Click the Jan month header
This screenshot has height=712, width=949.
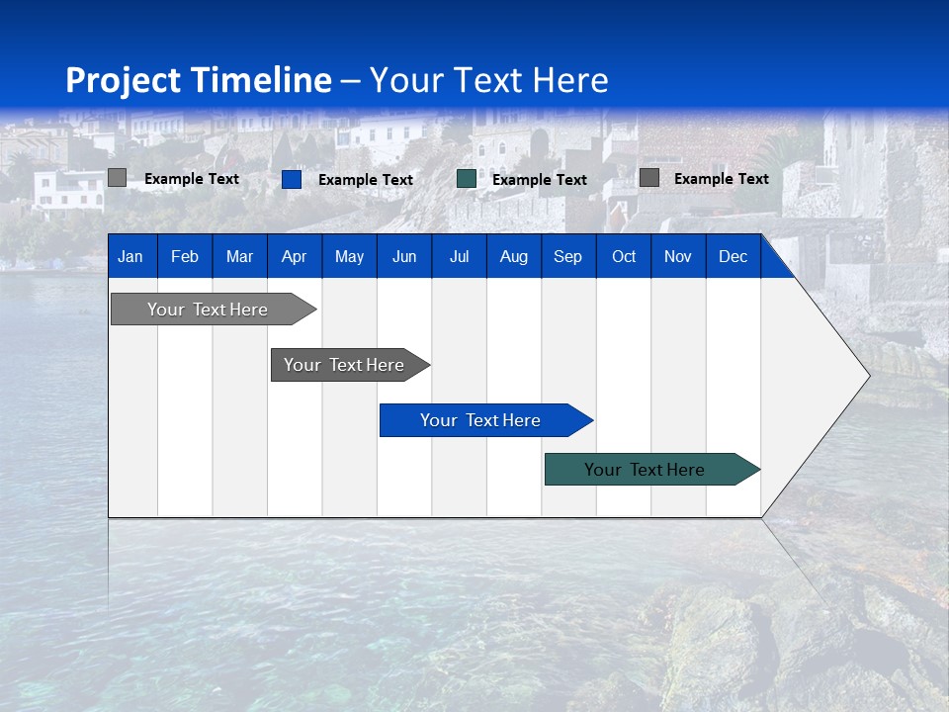tap(130, 256)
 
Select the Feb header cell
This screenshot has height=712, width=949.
tap(185, 256)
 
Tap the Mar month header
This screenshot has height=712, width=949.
tap(239, 256)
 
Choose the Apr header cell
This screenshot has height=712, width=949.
tap(294, 256)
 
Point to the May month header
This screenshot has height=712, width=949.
tap(349, 256)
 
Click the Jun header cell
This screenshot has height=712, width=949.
tap(404, 256)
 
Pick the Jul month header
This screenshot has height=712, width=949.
tap(459, 256)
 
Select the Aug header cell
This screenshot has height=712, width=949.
tap(513, 256)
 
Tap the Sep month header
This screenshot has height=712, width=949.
tap(567, 256)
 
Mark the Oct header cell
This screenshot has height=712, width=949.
tap(624, 256)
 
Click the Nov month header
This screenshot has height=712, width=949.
tap(678, 256)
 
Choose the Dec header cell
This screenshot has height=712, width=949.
tap(733, 256)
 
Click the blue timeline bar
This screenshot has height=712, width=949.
tap(480, 420)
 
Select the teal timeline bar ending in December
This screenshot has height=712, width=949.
tap(645, 470)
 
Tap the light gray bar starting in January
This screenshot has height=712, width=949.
tap(208, 310)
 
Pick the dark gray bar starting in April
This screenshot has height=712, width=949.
tap(344, 365)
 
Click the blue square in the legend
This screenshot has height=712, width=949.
tap(292, 179)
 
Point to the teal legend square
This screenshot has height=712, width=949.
tap(467, 179)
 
